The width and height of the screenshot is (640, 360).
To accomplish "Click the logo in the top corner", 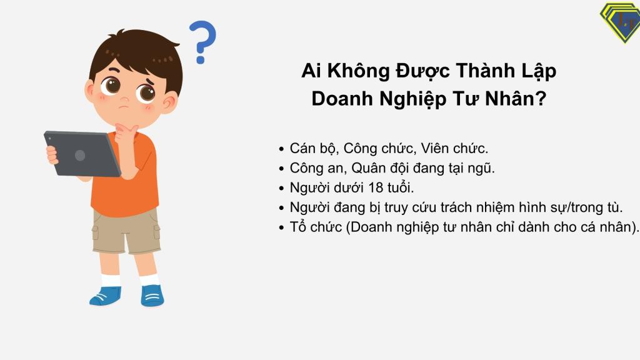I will point(621,22).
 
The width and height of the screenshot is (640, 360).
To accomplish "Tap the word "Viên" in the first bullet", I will point(434,148).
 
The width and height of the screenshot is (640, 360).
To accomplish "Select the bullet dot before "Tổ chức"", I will point(281,227).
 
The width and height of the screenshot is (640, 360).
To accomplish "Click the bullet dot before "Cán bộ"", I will point(281,149).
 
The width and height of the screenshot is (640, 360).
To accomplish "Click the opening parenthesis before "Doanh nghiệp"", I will point(347,227).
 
